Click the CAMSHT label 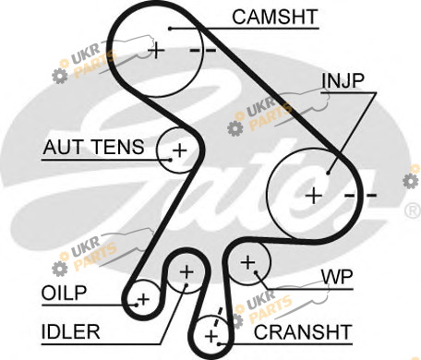pyautogui.click(x=274, y=17)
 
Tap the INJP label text pyautogui.click(x=343, y=80)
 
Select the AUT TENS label pyautogui.click(x=93, y=147)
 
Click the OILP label pyautogui.click(x=64, y=293)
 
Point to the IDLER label pyautogui.click(x=70, y=331)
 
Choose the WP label pyautogui.click(x=337, y=277)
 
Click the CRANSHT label pyautogui.click(x=303, y=331)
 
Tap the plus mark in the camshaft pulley pyautogui.click(x=157, y=50)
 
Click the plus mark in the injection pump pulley pyautogui.click(x=314, y=196)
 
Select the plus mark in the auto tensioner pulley pyautogui.click(x=180, y=150)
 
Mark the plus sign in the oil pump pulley pyautogui.click(x=143, y=299)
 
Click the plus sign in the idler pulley pyautogui.click(x=186, y=272)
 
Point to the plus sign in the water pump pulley pyautogui.click(x=247, y=262)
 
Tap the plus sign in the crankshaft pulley pyautogui.click(x=211, y=336)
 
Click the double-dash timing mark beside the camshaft pyautogui.click(x=203, y=50)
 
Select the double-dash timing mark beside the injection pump pyautogui.click(x=360, y=195)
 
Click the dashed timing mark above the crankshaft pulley pyautogui.click(x=218, y=318)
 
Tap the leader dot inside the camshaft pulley pyautogui.click(x=170, y=29)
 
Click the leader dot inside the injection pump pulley pyautogui.click(x=328, y=173)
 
